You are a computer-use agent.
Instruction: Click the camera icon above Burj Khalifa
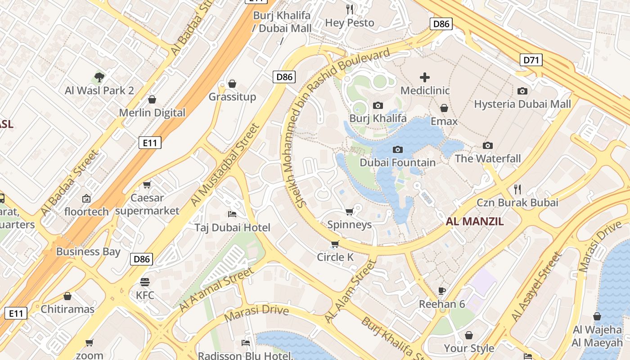coord(378,105)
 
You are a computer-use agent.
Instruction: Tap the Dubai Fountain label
coord(397,162)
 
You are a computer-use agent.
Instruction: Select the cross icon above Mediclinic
coord(424,77)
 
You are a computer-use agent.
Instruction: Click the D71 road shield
coord(531,60)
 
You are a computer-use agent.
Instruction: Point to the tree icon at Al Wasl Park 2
coord(99,77)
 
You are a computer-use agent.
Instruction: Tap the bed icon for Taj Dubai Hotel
coord(232,214)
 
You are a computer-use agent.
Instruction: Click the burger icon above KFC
coord(144,282)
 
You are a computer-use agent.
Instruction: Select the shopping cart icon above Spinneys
coord(349,211)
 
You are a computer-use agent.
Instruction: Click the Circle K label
coord(335,257)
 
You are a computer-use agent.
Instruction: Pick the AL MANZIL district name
coord(474,221)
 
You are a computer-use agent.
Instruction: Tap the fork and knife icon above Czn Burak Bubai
coord(517,189)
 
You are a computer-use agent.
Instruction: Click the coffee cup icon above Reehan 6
coord(442,291)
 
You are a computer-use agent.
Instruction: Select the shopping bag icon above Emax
coord(444,108)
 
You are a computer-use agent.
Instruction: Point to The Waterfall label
coord(487,158)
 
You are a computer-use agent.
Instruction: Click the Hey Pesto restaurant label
coord(349,22)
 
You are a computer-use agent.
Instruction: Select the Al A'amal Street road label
coord(216,290)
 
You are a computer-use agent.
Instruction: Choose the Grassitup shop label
coord(232,97)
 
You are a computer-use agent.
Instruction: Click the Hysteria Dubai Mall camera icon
coord(522,91)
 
